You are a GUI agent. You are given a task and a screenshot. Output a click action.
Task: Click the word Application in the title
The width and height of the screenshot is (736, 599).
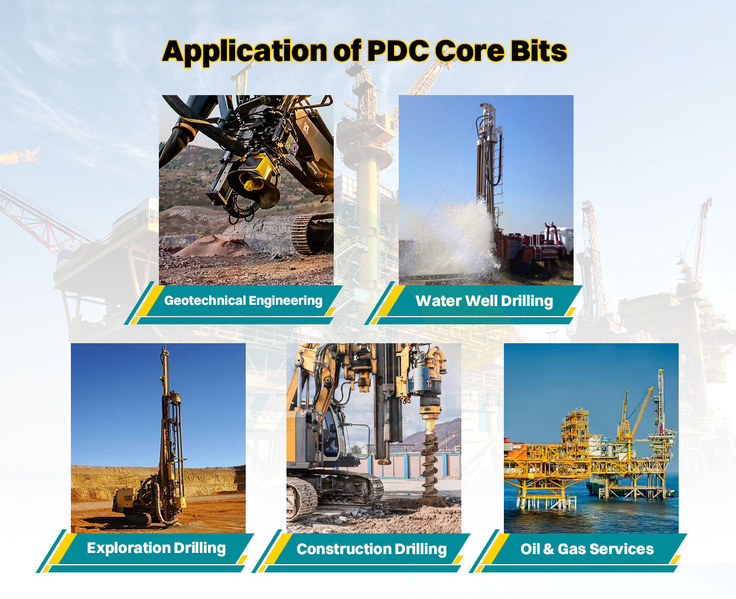click(243, 52)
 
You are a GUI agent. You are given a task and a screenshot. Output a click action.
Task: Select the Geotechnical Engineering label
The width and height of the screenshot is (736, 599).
click(243, 301)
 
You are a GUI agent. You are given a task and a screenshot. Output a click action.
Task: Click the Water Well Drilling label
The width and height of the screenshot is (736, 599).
click(484, 301)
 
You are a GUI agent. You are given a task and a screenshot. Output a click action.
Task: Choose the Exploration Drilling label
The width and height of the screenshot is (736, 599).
click(156, 548)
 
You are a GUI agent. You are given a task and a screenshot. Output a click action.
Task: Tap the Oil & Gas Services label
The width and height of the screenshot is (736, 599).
click(587, 549)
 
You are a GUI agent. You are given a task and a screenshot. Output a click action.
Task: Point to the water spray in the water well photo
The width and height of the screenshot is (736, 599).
click(461, 236)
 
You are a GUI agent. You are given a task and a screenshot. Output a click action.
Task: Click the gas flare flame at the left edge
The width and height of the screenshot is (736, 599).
click(18, 156)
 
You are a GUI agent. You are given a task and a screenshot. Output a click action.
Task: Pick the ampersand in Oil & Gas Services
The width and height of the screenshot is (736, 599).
click(548, 549)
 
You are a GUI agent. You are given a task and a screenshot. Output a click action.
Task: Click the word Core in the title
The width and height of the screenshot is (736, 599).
click(470, 51)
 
